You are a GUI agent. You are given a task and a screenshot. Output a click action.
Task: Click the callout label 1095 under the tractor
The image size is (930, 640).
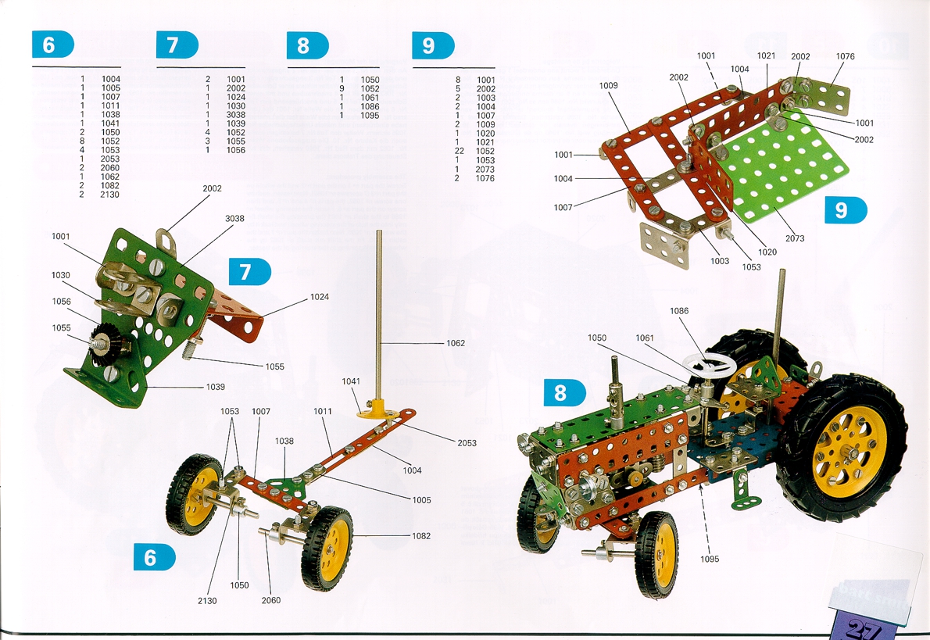pos(710,559)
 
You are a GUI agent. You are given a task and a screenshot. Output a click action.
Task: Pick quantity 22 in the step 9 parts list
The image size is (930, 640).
pos(460,152)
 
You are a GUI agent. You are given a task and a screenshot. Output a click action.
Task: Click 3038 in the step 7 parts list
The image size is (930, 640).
pos(236,115)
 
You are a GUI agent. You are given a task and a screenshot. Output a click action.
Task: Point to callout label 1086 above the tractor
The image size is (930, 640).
pos(679,311)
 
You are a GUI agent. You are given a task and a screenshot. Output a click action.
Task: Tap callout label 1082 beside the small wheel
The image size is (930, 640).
pos(421,536)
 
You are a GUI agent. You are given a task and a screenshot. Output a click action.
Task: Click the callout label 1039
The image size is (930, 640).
pos(215,387)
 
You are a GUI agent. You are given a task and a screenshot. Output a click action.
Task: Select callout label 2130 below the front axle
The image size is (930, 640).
pos(207,600)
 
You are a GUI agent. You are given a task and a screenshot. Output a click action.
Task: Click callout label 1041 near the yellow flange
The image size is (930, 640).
pos(351,381)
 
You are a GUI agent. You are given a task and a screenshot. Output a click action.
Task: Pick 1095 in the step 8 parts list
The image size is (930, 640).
pos(370,116)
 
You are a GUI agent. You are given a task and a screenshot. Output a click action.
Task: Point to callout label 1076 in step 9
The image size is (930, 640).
pos(845,56)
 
